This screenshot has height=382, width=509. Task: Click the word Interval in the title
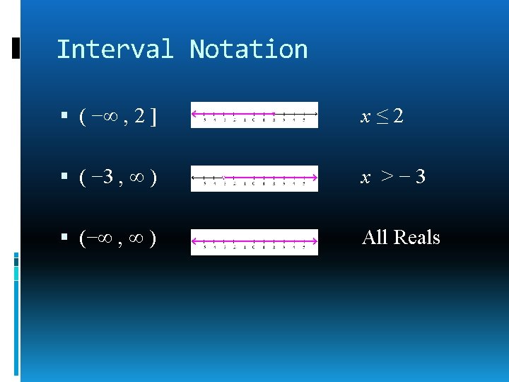coord(115,50)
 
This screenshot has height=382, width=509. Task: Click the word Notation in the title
coord(249,50)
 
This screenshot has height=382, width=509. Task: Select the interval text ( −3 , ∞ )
coord(118,177)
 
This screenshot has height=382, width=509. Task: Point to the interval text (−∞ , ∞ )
coord(118,238)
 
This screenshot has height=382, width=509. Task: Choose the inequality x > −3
coord(393,177)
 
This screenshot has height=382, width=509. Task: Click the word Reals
coord(416,237)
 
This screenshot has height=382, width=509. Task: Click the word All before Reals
coord(375,237)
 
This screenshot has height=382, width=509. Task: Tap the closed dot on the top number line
coord(274,114)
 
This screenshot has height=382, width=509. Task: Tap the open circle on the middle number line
coord(224,177)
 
